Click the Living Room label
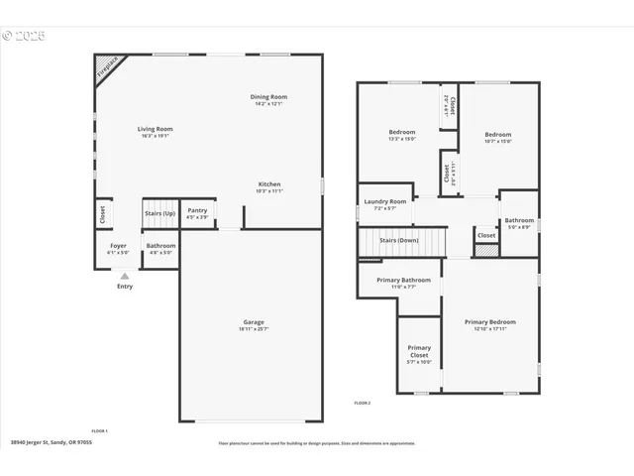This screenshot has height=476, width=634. point(155,129)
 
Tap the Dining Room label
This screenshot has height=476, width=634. point(269,97)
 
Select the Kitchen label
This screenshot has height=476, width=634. point(269,184)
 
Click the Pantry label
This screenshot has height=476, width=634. point(197,210)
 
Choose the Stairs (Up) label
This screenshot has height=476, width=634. point(159,212)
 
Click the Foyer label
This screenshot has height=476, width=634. point(118,245)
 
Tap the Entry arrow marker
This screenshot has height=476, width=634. point(125,277)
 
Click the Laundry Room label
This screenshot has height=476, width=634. point(385,202)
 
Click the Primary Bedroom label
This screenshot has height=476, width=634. point(490,322)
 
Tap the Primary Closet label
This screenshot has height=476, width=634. point(419,349)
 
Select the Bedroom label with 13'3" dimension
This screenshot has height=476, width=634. point(401,132)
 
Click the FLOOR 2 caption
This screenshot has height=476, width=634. point(363,403)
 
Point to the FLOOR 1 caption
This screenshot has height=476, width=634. point(99,430)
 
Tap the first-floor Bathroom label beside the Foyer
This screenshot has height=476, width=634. point(160,245)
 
